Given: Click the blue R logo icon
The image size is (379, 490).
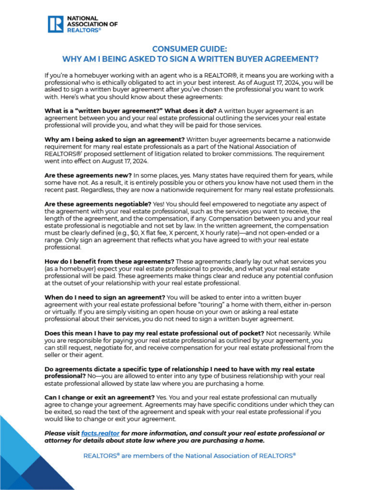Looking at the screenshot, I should click(56, 24).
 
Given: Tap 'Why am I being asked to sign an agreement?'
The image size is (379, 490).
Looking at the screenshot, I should click(113, 139).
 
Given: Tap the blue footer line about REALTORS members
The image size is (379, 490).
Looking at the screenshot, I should click(189, 456).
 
